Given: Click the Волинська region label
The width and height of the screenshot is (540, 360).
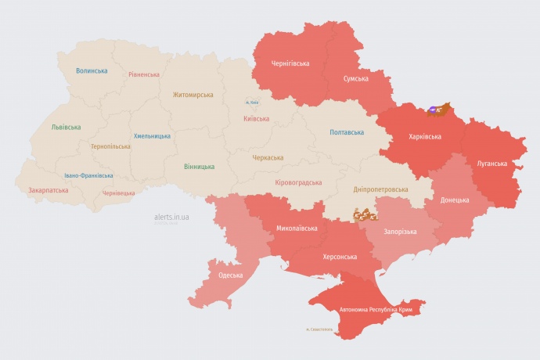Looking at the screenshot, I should [92, 70].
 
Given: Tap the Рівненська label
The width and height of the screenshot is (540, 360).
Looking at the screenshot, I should [144, 74].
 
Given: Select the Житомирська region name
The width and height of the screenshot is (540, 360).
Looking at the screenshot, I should [193, 95].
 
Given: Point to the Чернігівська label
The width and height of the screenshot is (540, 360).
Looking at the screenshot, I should [290, 63].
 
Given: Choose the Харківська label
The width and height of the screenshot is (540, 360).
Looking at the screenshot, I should [425, 136].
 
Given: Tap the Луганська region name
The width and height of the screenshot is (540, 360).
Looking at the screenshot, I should [491, 164].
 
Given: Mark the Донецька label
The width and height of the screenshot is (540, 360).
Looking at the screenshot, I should [455, 200].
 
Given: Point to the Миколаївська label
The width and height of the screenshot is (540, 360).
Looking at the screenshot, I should [297, 229].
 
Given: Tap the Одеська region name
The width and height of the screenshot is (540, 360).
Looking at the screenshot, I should [230, 275].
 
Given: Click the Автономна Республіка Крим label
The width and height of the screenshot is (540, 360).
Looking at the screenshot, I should [376, 310].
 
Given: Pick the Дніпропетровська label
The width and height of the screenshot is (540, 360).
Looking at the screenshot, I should [380, 189].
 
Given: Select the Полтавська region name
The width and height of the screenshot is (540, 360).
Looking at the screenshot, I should [346, 132].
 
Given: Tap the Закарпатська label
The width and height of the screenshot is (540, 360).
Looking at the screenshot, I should [48, 190].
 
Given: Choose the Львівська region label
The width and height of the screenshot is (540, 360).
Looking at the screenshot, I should [66, 127].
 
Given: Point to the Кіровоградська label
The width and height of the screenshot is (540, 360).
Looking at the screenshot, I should [298, 182].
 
